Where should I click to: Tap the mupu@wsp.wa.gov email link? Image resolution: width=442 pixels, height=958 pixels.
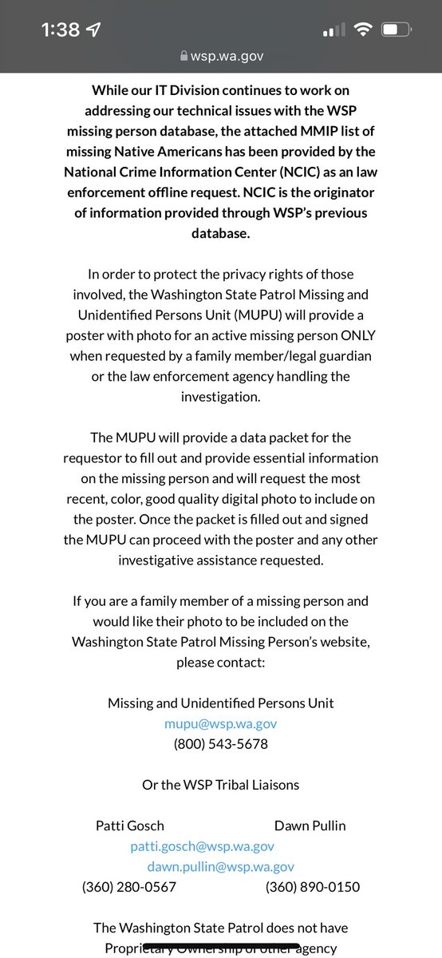(x=221, y=723)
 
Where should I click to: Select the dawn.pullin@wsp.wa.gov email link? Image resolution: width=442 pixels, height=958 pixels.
(x=221, y=866)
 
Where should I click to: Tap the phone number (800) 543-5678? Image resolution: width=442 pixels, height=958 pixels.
(x=221, y=743)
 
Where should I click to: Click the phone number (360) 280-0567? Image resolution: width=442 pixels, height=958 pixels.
(x=129, y=886)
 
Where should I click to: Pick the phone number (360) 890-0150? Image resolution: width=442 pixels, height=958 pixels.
(x=313, y=886)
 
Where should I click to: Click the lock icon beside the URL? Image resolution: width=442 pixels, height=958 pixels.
(x=184, y=56)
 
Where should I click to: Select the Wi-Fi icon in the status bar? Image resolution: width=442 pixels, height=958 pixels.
(x=365, y=30)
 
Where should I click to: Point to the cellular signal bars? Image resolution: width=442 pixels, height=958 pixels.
(x=333, y=31)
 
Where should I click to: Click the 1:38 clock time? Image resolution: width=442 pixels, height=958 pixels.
(x=61, y=30)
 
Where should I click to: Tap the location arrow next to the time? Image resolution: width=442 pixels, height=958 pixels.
(x=95, y=30)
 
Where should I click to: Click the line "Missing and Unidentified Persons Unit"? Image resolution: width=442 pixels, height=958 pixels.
(x=221, y=703)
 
